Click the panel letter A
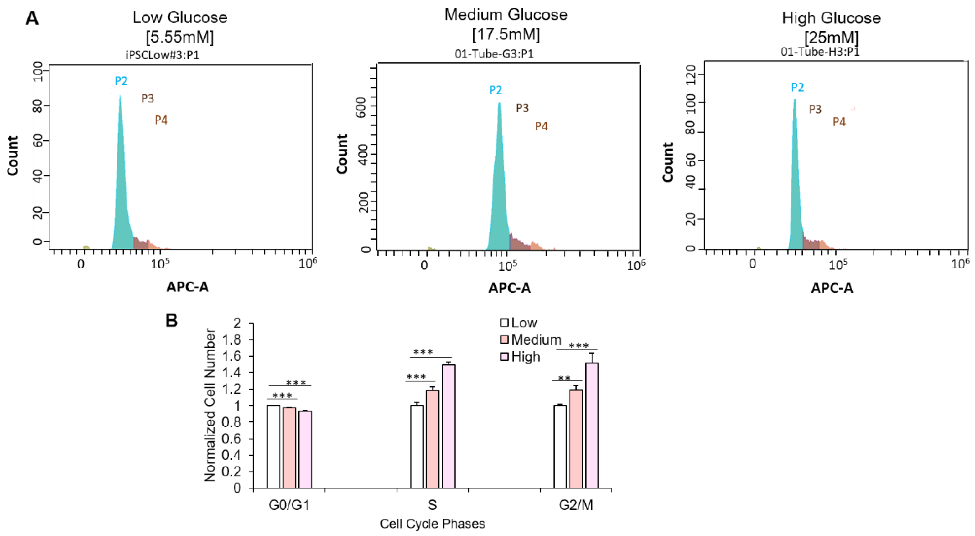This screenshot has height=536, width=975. pyautogui.click(x=32, y=18)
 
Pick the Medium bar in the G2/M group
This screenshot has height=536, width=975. pyautogui.click(x=576, y=438)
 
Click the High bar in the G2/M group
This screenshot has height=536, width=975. pyautogui.click(x=592, y=425)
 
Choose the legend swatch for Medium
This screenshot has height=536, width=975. pyautogui.click(x=504, y=339)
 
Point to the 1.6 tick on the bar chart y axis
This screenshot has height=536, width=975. pyautogui.click(x=231, y=356)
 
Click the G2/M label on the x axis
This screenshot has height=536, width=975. pyautogui.click(x=576, y=505)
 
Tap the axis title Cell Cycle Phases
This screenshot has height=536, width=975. pyautogui.click(x=432, y=524)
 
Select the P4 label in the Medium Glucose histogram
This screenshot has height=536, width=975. pyautogui.click(x=541, y=126)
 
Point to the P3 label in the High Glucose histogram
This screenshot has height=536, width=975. pyautogui.click(x=815, y=109)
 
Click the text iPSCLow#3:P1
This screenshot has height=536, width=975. pyautogui.click(x=162, y=55)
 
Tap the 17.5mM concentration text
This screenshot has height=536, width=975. pyautogui.click(x=506, y=35)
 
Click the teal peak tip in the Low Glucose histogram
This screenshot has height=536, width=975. pyautogui.click(x=120, y=96)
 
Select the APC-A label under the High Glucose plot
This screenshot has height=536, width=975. pyautogui.click(x=832, y=288)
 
